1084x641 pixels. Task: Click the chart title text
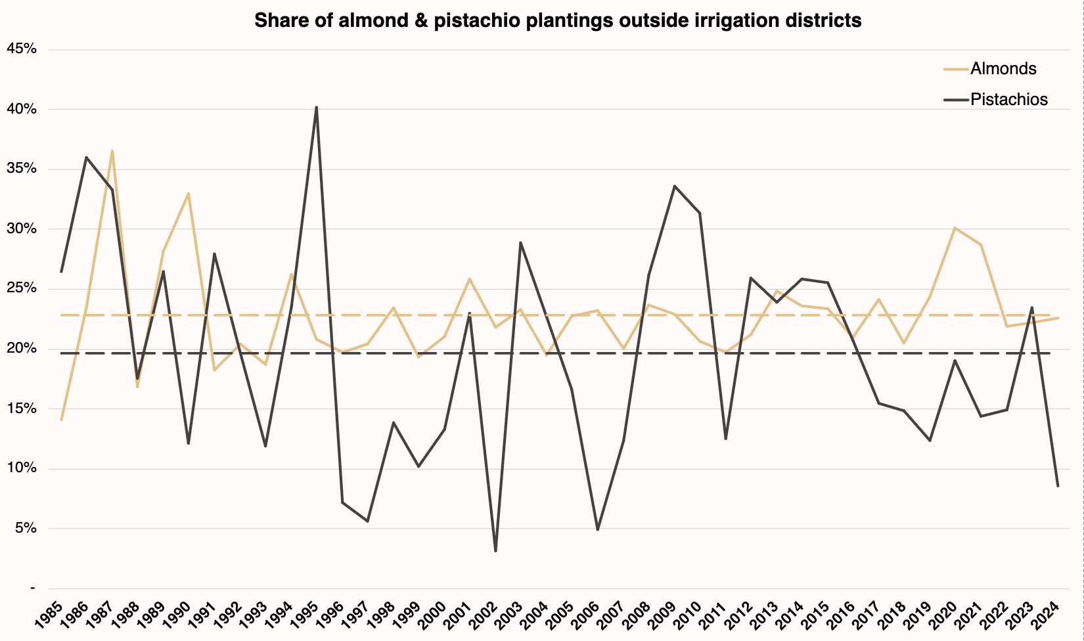(x=557, y=21)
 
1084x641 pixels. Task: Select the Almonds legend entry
(x=1003, y=68)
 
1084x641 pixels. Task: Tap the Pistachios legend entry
(x=1008, y=100)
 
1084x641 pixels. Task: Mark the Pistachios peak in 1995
(x=317, y=107)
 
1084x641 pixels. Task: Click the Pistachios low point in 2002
(x=495, y=551)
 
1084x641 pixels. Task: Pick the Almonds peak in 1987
(x=112, y=150)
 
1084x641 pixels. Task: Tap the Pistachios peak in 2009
(x=674, y=186)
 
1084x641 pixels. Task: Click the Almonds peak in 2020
(x=955, y=228)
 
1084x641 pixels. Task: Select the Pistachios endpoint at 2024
(x=1058, y=486)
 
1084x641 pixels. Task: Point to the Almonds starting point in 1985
(x=61, y=420)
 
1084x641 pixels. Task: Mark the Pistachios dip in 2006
(x=598, y=529)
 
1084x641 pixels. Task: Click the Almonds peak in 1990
(x=189, y=193)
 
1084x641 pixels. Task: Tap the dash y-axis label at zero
(x=32, y=588)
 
